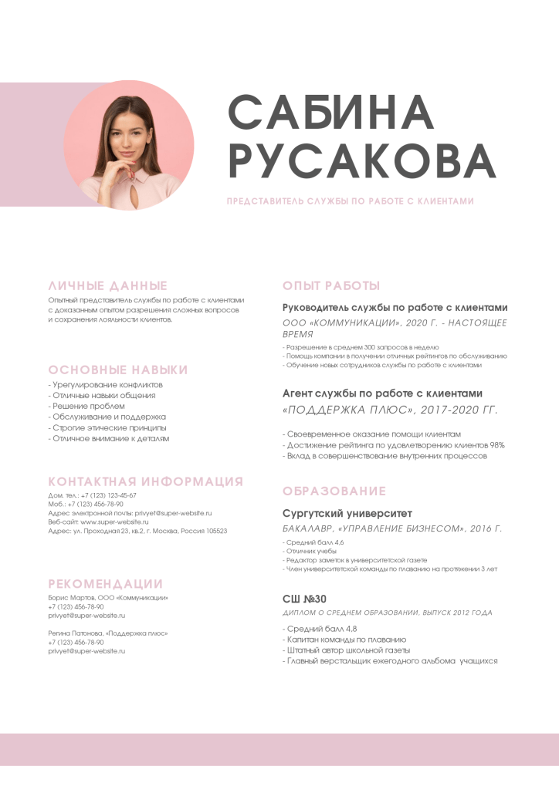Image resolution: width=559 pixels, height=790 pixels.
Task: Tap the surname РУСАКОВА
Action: pos(363,160)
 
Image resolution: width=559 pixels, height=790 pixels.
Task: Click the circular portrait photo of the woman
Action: pos(129,145)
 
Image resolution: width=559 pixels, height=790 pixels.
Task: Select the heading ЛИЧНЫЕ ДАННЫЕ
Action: pos(108,285)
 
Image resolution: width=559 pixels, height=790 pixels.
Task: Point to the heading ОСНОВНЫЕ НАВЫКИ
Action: pos(118,370)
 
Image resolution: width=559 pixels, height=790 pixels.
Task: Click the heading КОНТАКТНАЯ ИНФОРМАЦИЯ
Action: pos(146,482)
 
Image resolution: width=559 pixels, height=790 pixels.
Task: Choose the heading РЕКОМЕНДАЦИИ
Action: pos(106,584)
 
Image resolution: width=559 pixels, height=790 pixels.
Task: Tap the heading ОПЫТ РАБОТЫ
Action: pos(331,285)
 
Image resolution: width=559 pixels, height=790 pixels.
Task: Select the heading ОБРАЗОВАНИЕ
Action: pos(334,491)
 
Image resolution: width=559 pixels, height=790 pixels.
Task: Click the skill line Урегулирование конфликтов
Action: pos(107,384)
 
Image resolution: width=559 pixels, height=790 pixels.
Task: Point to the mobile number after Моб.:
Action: pos(96,504)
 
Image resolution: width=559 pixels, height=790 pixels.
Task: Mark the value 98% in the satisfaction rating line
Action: pos(497,445)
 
